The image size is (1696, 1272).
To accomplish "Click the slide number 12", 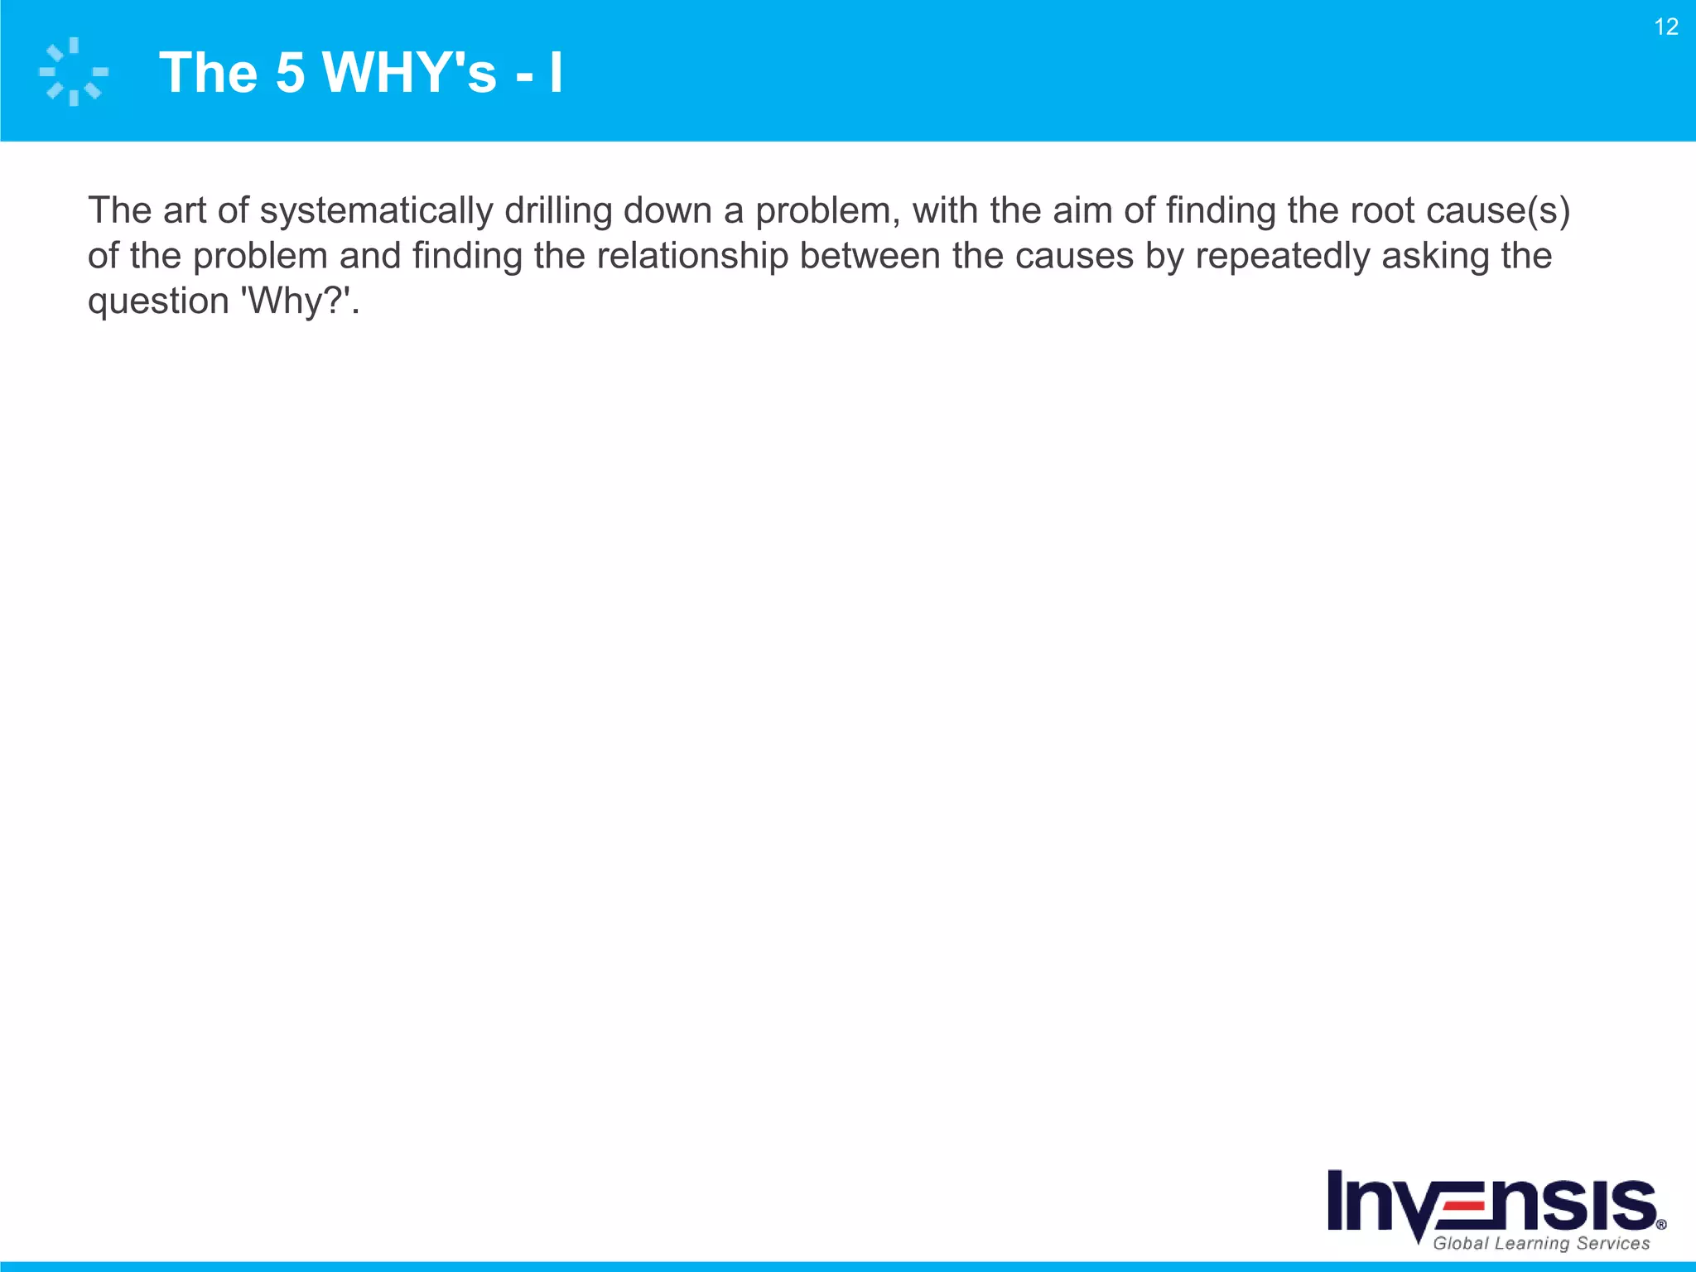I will tap(1666, 27).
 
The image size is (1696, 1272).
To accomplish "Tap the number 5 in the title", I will tap(290, 73).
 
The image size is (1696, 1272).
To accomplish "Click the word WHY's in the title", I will tap(409, 73).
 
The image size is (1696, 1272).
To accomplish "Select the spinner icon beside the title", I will tap(74, 71).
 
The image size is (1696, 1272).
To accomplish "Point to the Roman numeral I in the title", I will tap(556, 73).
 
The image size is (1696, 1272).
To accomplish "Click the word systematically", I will tap(376, 211).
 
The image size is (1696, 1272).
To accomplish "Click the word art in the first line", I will tap(184, 211).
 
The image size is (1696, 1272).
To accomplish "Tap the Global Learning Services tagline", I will tap(1541, 1243).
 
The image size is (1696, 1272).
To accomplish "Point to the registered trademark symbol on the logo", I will tap(1661, 1225).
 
